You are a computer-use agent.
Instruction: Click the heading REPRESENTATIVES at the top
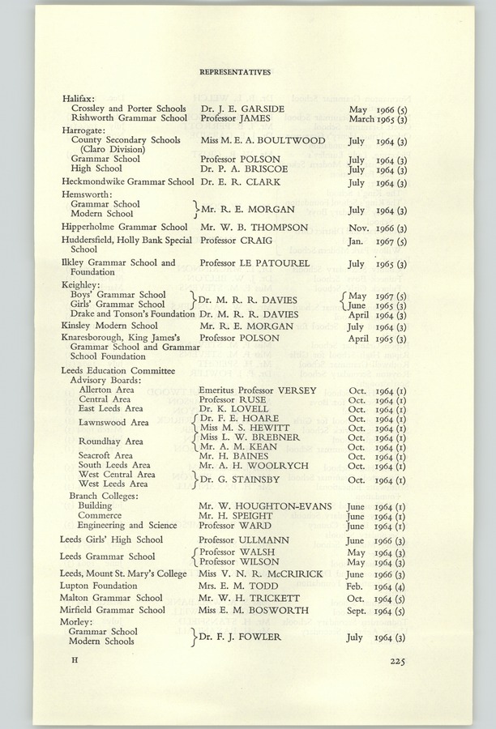tap(235, 72)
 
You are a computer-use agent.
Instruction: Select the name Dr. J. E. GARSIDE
tap(242, 109)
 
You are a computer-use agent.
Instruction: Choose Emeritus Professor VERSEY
tap(258, 390)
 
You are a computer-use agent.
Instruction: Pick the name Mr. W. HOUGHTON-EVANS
tap(265, 505)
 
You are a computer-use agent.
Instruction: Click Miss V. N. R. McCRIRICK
tap(261, 573)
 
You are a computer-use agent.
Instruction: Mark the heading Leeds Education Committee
tap(118, 370)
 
